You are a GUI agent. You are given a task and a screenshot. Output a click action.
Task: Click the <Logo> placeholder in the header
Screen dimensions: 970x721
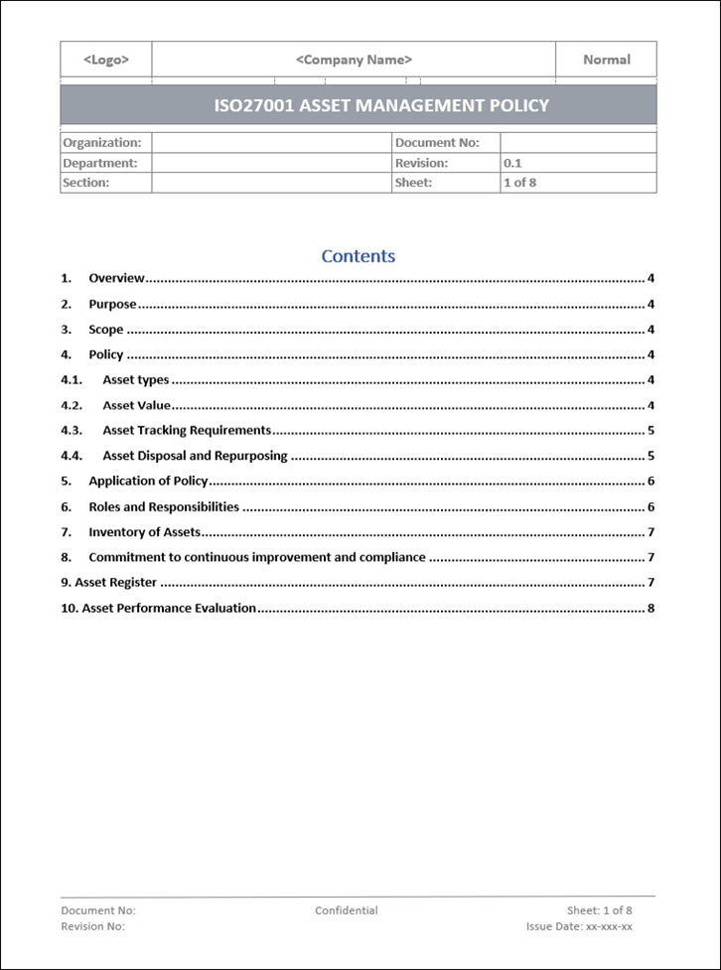106,60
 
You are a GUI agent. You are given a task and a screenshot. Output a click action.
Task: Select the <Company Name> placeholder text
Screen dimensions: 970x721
354,60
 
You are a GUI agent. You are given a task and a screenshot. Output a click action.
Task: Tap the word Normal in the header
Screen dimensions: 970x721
606,60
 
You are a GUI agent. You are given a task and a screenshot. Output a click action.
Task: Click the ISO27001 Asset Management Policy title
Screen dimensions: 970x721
381,105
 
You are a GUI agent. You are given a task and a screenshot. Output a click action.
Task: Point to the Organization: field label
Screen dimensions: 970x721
101,143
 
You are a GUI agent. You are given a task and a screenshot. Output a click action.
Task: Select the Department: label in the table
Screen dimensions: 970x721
99,163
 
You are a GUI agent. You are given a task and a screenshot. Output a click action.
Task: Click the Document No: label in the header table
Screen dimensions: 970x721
437,143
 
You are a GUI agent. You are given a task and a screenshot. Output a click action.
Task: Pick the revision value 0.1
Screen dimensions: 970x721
512,163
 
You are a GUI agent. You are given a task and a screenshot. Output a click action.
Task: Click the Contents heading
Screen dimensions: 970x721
359,256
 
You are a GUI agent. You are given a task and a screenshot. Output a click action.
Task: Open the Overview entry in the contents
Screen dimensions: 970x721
116,279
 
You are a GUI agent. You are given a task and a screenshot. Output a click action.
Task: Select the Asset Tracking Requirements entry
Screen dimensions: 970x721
187,431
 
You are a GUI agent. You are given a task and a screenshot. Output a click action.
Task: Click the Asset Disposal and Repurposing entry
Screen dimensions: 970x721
195,457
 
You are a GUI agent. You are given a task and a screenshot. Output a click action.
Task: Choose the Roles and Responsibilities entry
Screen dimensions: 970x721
164,507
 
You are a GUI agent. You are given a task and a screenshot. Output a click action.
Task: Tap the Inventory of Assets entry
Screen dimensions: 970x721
144,532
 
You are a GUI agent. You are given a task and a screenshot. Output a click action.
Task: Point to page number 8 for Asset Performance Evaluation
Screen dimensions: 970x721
650,609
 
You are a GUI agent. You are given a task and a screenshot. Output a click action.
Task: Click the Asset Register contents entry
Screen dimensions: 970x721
115,583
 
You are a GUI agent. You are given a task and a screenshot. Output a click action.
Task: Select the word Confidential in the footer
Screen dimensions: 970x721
347,910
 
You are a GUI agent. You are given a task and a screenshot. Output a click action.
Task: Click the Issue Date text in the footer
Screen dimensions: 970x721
579,926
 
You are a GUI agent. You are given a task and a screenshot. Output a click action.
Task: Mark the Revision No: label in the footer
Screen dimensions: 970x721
93,926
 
